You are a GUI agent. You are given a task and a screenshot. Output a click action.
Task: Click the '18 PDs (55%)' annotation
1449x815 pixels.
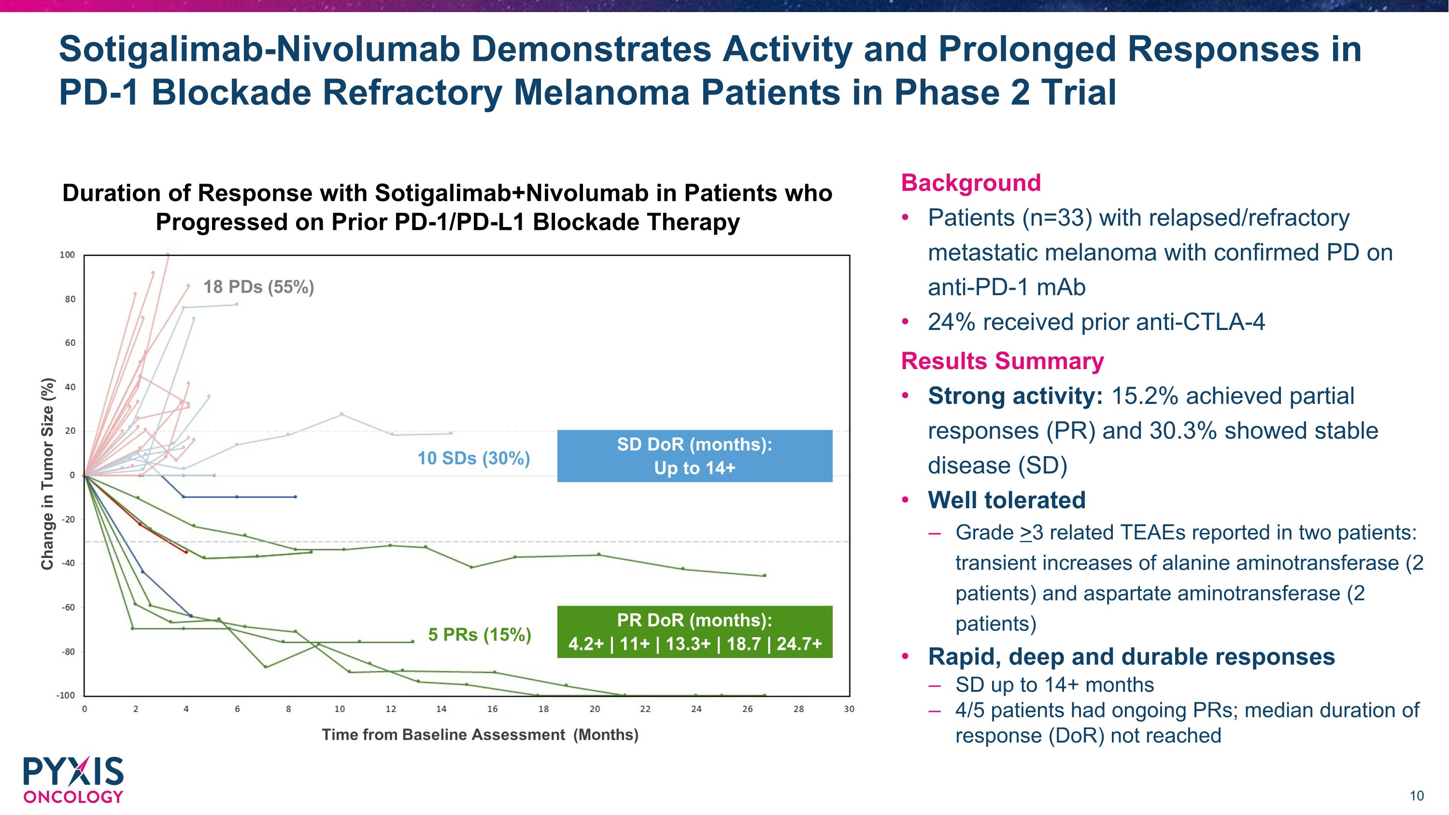pos(258,287)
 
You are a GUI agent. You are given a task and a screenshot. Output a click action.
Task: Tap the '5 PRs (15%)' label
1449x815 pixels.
pos(479,634)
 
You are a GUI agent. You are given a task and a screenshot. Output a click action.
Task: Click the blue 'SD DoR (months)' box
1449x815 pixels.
pos(694,456)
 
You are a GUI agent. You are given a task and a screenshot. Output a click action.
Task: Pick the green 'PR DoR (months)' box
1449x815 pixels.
pos(694,631)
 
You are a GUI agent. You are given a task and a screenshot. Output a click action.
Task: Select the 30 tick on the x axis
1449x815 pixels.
pos(849,709)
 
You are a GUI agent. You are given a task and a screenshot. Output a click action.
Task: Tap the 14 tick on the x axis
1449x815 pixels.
pos(441,709)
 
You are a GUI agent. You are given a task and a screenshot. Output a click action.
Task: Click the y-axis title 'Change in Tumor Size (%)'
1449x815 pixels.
pos(47,473)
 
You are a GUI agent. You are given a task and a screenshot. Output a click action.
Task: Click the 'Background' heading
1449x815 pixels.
pos(971,183)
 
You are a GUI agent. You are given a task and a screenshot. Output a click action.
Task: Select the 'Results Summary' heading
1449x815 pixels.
pos(1002,361)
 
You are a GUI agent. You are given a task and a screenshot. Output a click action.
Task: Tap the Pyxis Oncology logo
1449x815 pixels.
pos(73,780)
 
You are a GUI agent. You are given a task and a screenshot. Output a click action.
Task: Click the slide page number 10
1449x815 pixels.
pos(1416,796)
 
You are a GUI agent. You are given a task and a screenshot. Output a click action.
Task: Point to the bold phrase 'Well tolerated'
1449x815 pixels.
pos(1006,500)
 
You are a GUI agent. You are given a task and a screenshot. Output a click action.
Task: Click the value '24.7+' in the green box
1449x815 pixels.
pos(799,643)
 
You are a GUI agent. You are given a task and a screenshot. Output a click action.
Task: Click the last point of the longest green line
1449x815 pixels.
pos(765,695)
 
